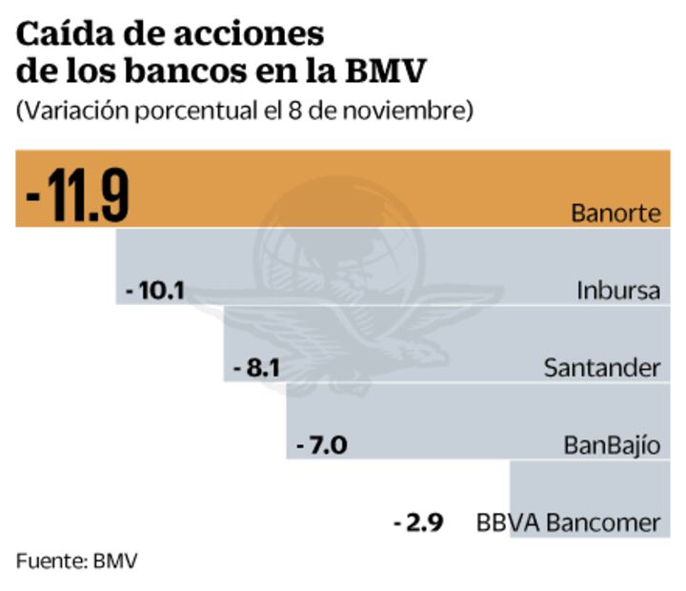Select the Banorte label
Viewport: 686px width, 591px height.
(x=615, y=213)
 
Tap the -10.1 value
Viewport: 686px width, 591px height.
(x=154, y=289)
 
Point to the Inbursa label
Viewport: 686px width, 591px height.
(x=617, y=290)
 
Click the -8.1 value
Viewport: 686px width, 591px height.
(x=255, y=367)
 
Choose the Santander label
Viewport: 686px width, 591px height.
(x=601, y=367)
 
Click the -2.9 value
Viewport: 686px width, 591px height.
(x=418, y=522)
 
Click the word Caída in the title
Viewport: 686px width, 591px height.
(x=58, y=35)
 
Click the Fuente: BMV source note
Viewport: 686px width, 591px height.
(x=76, y=560)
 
